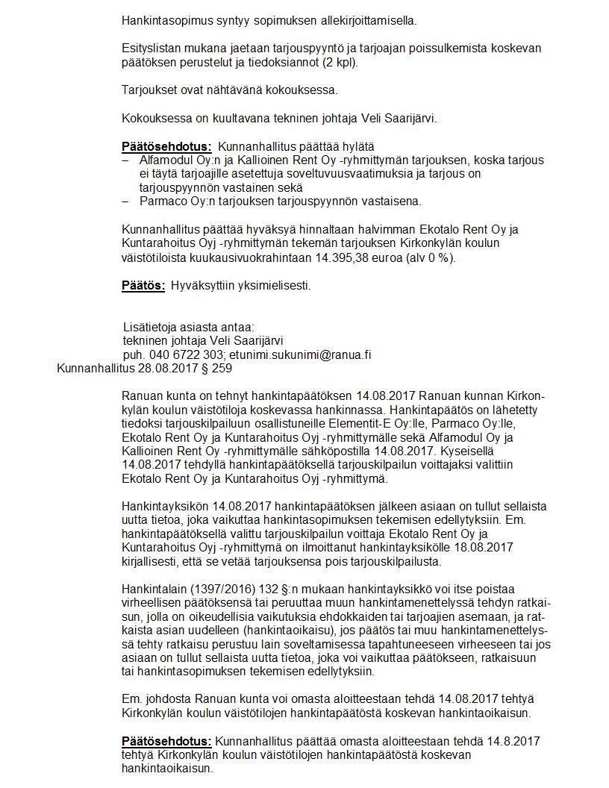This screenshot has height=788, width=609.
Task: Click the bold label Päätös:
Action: click(143, 285)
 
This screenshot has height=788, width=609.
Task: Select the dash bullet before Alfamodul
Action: click(125, 160)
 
